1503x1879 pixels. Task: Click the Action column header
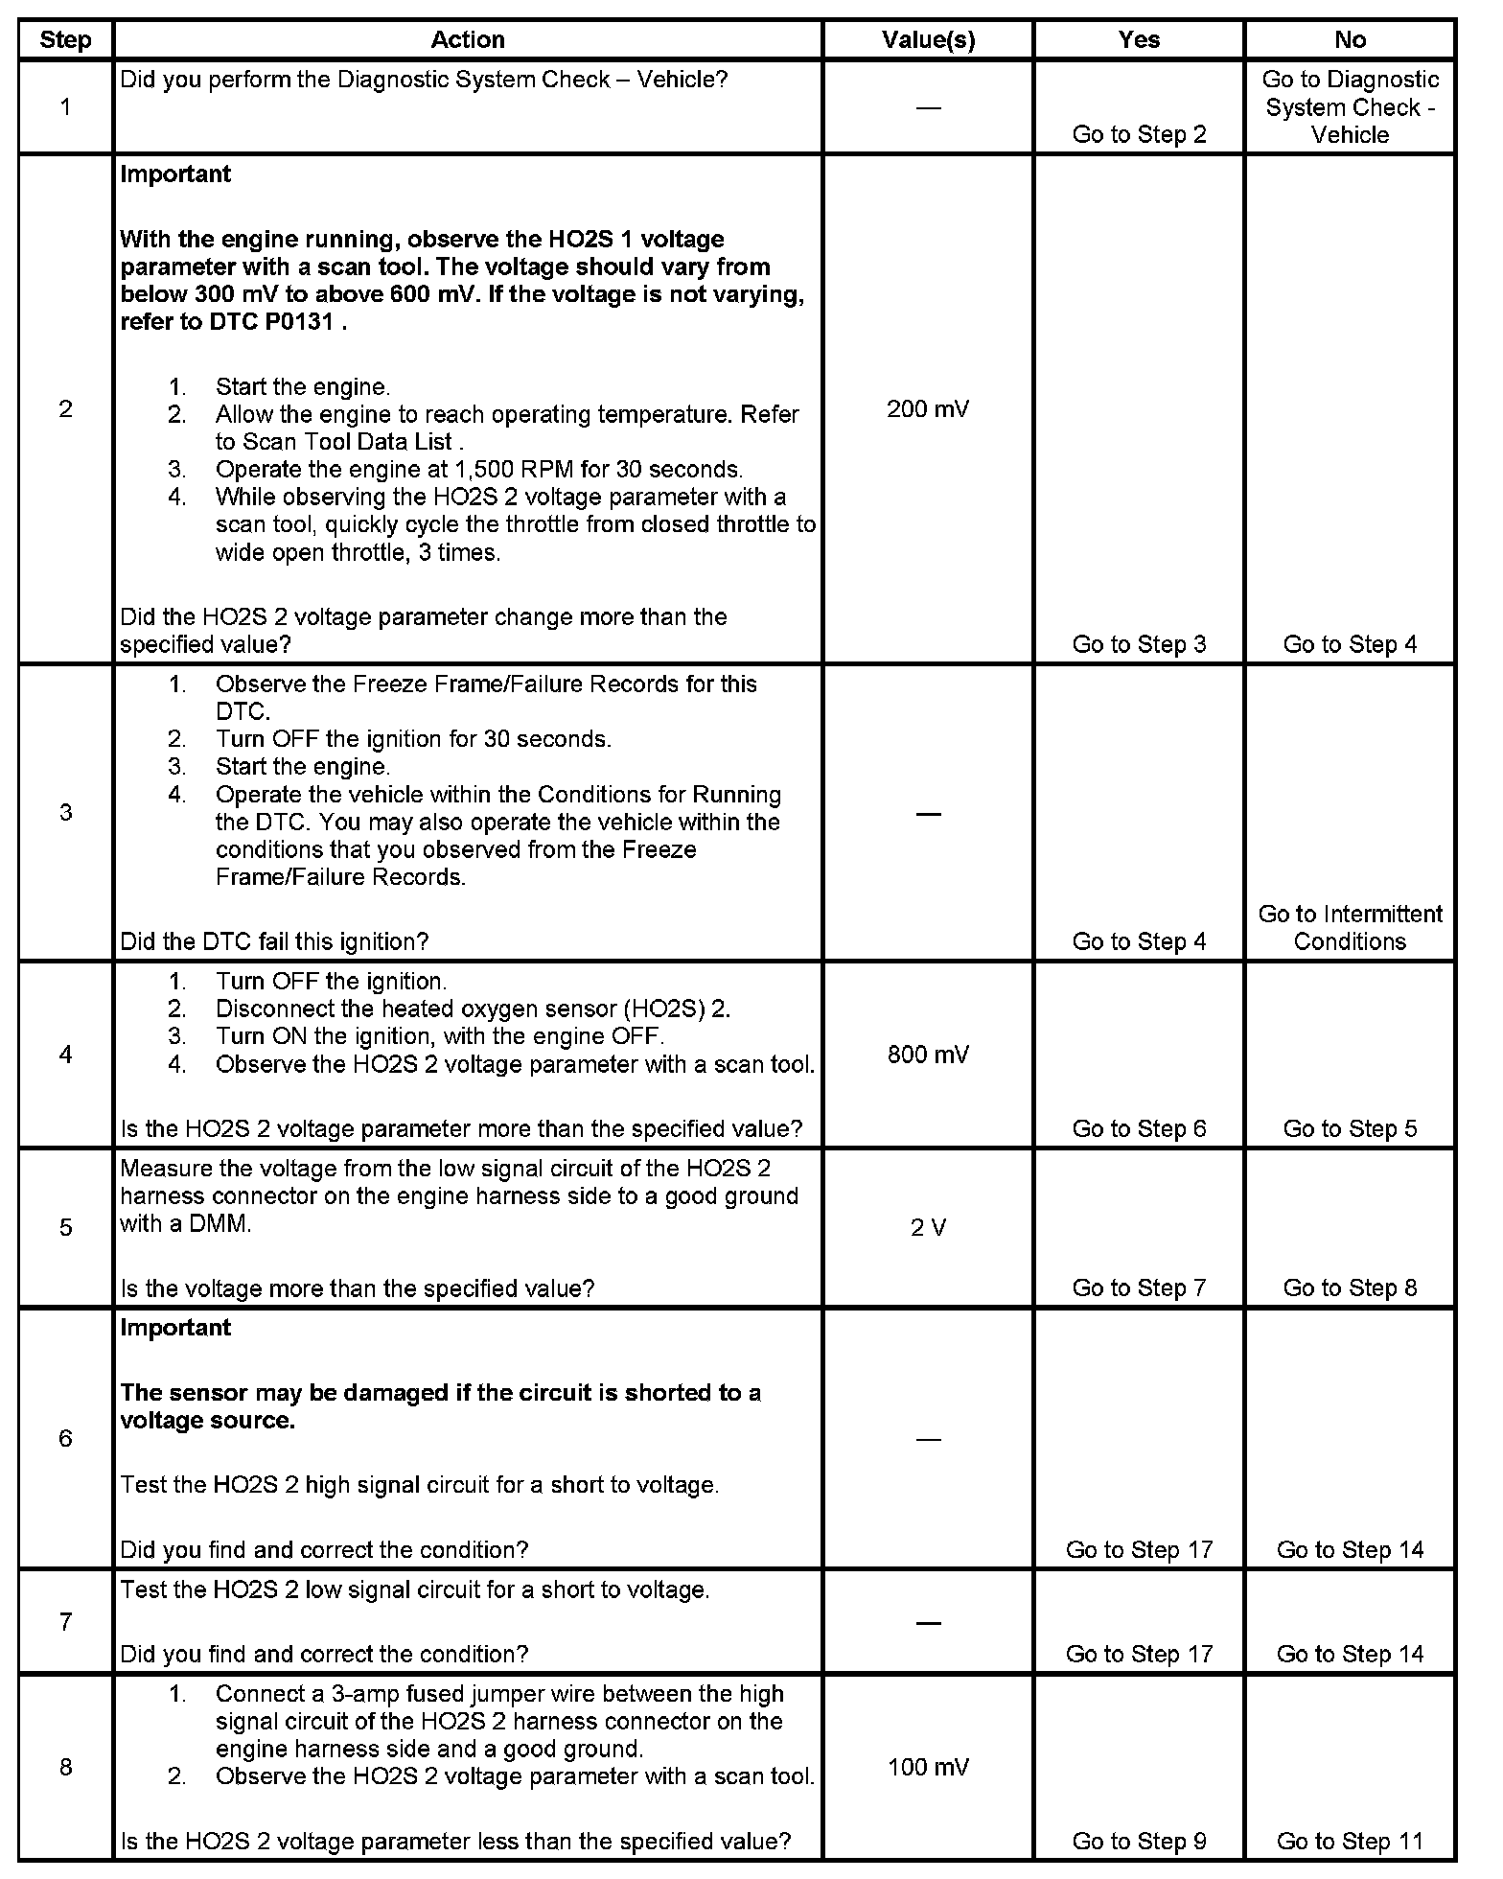[467, 40]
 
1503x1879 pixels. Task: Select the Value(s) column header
[927, 40]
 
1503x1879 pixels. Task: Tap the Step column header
[65, 40]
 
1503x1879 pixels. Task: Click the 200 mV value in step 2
[927, 409]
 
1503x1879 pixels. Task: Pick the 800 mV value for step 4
[927, 1055]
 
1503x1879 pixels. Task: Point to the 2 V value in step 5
[927, 1228]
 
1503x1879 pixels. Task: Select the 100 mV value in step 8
[927, 1767]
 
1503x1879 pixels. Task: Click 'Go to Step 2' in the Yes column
[1139, 134]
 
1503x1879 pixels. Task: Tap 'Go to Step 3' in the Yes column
[1139, 644]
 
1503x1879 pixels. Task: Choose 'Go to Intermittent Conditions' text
[1350, 927]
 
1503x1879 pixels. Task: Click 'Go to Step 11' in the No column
[1350, 1841]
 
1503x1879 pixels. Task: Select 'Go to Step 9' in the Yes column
[1139, 1841]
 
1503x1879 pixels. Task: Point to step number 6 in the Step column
[65, 1438]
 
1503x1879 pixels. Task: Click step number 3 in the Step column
[65, 813]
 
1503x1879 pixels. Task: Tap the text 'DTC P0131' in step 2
[271, 322]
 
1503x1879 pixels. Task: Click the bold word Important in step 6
[175, 1328]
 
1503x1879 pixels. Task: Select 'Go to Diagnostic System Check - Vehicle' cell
[1350, 107]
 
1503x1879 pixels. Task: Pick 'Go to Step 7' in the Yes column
[1139, 1287]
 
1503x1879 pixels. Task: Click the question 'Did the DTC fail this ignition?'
[274, 941]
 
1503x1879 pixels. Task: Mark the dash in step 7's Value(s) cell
[927, 1622]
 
